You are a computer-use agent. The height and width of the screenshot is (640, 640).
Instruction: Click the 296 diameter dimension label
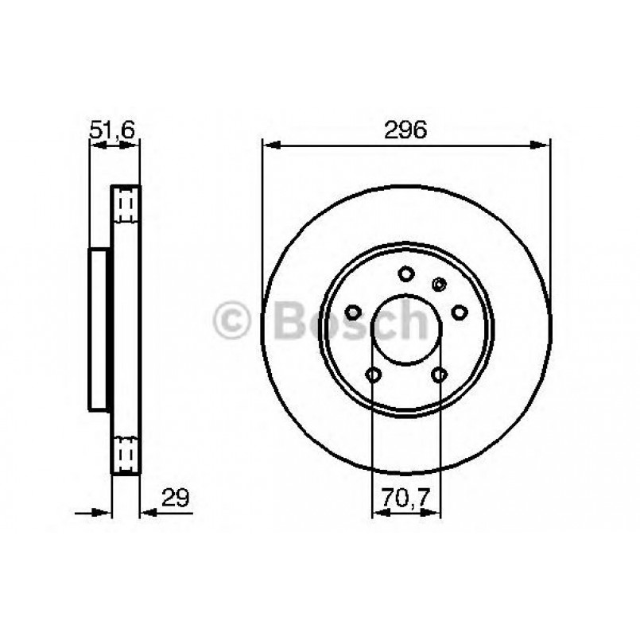click(406, 130)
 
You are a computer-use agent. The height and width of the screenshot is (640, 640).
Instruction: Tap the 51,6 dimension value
click(113, 130)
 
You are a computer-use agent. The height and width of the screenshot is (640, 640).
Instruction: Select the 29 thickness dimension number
click(176, 498)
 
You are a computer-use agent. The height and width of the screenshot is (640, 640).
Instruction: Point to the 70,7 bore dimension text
click(406, 498)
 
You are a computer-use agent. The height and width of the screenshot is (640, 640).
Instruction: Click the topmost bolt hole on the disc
click(406, 274)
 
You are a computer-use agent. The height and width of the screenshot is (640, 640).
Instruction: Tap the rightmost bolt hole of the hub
click(459, 312)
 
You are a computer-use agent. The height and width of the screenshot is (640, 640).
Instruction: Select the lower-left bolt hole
click(373, 374)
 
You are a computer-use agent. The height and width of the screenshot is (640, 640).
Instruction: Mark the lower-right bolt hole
click(440, 374)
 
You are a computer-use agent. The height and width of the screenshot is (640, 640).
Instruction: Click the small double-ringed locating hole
click(438, 284)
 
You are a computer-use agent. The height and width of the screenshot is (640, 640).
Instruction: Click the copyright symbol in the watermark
click(232, 321)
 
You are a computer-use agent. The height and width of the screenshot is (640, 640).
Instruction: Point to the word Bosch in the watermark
click(350, 320)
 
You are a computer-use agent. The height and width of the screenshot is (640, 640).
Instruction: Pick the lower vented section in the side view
click(126, 454)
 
